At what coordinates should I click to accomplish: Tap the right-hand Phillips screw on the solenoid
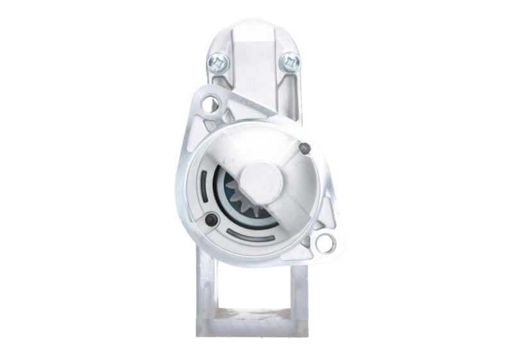tap(290, 62)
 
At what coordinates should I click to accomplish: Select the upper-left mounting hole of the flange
tap(210, 103)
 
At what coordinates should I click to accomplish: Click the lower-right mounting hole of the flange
tap(325, 243)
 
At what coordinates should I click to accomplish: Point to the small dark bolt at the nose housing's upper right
tap(305, 148)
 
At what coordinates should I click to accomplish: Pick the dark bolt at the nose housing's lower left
tap(210, 220)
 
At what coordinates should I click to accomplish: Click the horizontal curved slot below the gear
tap(251, 237)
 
